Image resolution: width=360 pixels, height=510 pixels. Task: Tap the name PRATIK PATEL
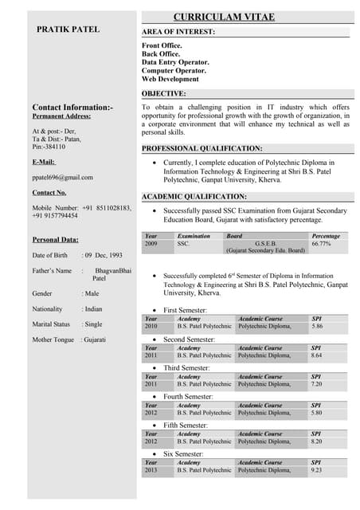(x=68, y=29)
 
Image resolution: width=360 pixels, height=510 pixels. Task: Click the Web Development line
(x=170, y=80)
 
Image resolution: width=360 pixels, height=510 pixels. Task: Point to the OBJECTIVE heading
(x=164, y=93)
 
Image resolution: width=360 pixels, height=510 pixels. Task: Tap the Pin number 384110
(x=56, y=147)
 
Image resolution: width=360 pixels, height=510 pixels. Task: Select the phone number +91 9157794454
(x=55, y=216)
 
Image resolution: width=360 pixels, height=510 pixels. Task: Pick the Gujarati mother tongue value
(x=95, y=339)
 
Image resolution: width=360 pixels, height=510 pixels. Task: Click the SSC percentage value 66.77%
(x=321, y=244)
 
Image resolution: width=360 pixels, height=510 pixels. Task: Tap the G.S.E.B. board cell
(x=264, y=244)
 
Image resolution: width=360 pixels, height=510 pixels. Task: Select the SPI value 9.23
(x=317, y=470)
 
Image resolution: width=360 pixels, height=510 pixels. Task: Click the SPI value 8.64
(x=317, y=355)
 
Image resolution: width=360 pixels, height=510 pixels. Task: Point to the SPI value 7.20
(x=317, y=384)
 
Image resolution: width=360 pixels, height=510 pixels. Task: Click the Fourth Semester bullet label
(x=188, y=397)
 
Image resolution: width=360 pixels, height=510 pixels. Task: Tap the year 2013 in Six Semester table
(x=151, y=470)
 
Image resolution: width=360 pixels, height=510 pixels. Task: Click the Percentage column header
(x=326, y=236)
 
